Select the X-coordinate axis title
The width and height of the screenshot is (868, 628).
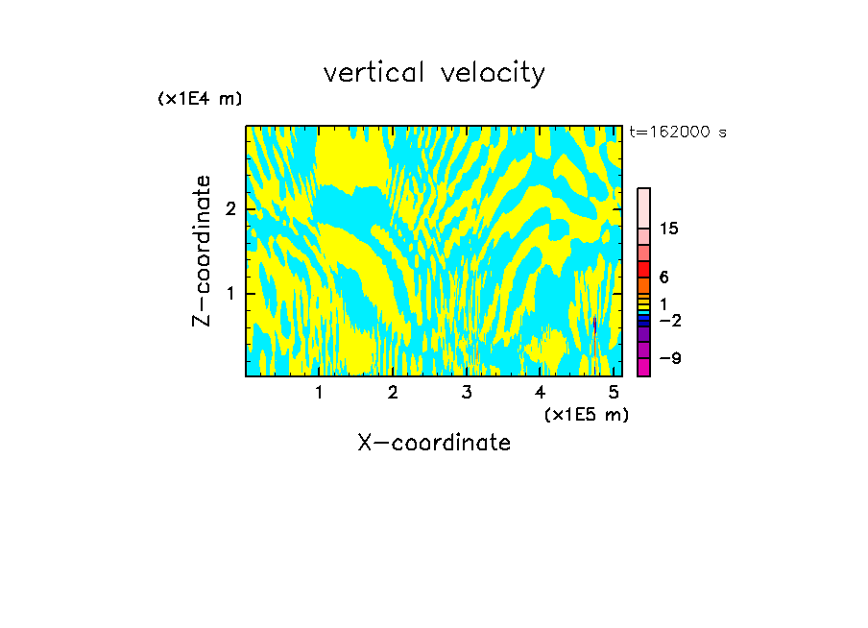click(434, 443)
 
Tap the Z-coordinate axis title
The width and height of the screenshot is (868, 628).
click(202, 251)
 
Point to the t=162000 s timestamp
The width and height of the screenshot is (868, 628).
click(677, 132)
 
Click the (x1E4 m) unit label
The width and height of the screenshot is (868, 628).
click(200, 99)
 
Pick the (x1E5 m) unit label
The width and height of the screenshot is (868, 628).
click(586, 414)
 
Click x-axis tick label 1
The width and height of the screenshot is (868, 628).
click(319, 392)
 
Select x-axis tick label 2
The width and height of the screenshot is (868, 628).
click(393, 392)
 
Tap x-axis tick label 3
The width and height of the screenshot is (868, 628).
click(466, 392)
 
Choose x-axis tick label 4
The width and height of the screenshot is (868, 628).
click(540, 392)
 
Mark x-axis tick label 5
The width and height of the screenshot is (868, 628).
click(613, 392)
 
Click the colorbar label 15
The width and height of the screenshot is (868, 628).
click(669, 229)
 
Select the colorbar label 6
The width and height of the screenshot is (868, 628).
click(663, 278)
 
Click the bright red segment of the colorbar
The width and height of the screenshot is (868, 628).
click(643, 269)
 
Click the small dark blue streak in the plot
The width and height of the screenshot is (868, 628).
click(595, 326)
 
